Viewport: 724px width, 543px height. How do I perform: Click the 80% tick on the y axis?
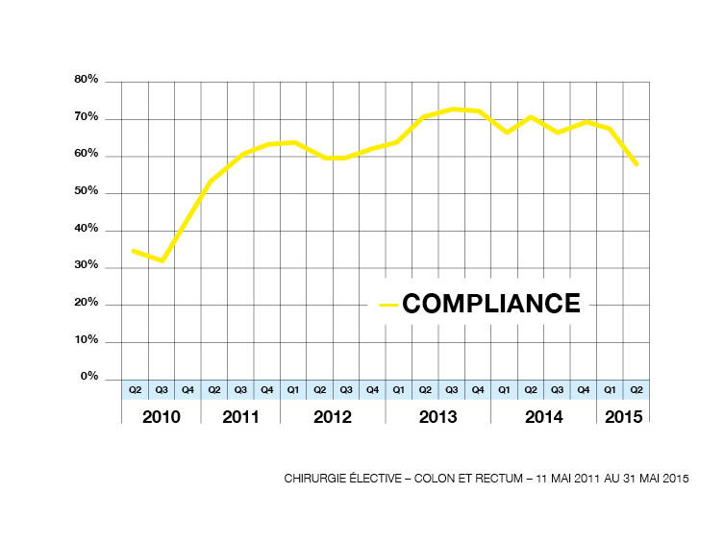pos(87,81)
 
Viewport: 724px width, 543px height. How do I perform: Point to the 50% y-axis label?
pos(87,192)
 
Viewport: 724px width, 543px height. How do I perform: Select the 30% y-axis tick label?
pos(87,266)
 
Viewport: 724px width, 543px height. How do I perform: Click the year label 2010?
pos(162,417)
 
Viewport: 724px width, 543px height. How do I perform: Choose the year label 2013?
pos(437,417)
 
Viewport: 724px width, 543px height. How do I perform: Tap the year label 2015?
pos(623,417)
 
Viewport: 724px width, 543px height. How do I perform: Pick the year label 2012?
pos(332,417)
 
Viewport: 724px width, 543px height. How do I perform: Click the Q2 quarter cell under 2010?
pos(135,390)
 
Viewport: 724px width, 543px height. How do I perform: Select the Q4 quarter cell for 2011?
pos(266,390)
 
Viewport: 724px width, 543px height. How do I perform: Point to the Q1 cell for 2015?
pos(610,390)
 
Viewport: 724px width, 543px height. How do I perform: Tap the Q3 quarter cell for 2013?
pos(451,390)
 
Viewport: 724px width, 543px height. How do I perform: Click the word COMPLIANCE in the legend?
pos(491,304)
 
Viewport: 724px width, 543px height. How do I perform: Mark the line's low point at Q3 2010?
pos(162,260)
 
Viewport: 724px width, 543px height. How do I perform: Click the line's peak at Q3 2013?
pos(452,109)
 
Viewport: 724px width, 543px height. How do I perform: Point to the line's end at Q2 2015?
pos(637,164)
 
